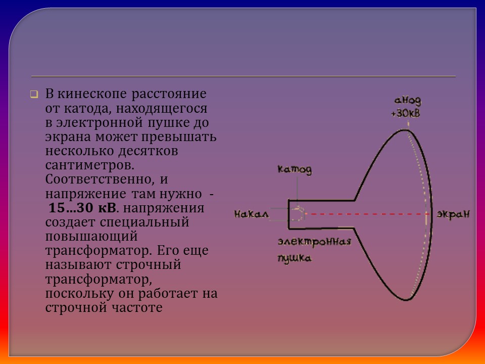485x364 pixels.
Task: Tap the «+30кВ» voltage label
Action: click(405, 113)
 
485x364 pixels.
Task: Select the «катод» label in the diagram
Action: click(295, 169)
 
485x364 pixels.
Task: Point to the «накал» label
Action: click(251, 214)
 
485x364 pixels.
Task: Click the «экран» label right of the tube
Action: click(453, 214)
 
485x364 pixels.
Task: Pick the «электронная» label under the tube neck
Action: click(314, 241)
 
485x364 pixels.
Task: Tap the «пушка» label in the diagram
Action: click(294, 258)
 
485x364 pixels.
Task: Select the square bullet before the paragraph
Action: click(33, 94)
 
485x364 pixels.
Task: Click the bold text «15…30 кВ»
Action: click(82, 208)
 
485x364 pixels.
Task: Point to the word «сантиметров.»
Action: click(90, 165)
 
